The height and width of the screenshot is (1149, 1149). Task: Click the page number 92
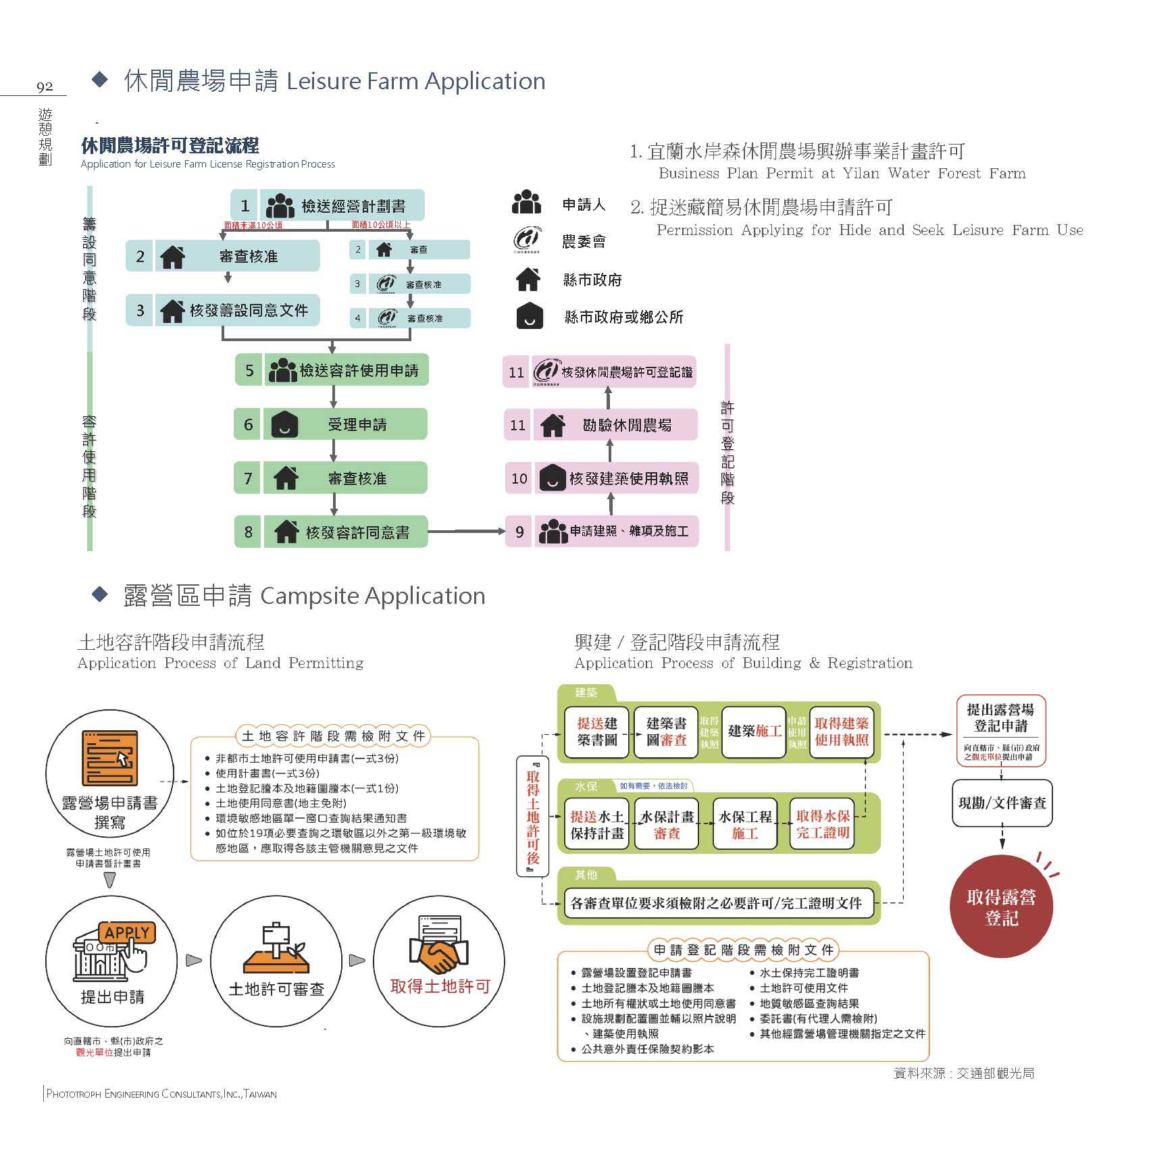(45, 86)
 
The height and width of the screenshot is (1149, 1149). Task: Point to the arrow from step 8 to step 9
(466, 532)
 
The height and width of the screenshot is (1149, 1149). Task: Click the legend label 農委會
(584, 242)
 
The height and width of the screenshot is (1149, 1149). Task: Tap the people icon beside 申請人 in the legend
(527, 203)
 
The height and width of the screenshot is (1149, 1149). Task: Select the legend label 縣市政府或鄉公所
(623, 317)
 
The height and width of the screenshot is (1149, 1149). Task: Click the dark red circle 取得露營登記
(1001, 907)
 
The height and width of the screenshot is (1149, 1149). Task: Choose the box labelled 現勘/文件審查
(1002, 803)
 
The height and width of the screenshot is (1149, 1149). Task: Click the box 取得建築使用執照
(841, 732)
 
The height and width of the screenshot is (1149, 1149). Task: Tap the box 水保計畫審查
(667, 825)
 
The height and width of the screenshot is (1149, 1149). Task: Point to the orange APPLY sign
(126, 933)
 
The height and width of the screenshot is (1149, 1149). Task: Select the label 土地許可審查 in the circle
(277, 990)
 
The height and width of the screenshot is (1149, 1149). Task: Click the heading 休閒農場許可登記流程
(170, 145)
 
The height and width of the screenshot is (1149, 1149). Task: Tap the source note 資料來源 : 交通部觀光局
(963, 1073)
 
